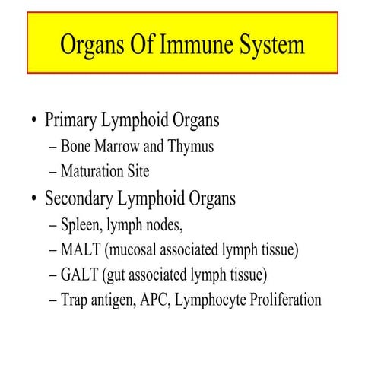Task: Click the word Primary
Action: (x=75, y=121)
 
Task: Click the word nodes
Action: (x=160, y=225)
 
